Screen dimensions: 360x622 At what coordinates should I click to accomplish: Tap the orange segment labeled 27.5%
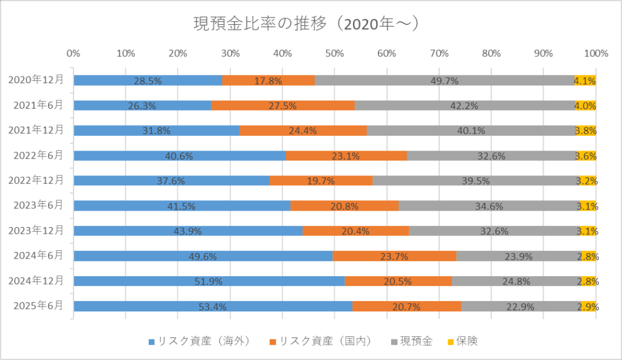coord(282,106)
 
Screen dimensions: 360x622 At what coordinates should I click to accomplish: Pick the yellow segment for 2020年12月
coord(585,81)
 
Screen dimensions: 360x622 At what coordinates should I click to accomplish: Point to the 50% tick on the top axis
coord(335,53)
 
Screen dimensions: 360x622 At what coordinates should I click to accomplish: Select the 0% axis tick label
coord(73,53)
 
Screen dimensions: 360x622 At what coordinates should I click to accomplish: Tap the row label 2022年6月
coord(38,155)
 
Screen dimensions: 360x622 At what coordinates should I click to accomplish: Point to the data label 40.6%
coord(179,156)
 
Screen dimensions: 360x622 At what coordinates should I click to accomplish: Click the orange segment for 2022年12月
coord(321,181)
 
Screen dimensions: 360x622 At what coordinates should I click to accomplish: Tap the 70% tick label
coord(439,53)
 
